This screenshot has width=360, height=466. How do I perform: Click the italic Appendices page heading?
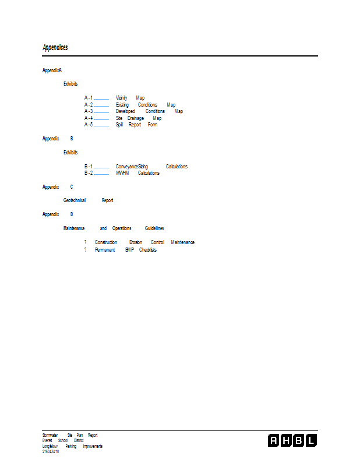(55, 48)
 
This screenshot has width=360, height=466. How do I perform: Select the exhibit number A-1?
(89, 98)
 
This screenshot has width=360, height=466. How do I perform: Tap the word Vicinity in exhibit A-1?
(121, 98)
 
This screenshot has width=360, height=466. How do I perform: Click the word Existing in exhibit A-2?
(122, 105)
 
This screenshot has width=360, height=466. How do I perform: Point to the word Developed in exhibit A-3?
(125, 111)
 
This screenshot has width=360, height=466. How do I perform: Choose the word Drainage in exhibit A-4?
(136, 118)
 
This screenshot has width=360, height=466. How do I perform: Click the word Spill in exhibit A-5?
(119, 125)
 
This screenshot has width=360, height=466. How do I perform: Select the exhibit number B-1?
(89, 167)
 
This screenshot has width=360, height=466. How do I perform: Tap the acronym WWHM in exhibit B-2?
(122, 173)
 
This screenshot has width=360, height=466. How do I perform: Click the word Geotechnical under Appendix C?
(75, 200)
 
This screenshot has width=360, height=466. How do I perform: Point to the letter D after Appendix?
(72, 214)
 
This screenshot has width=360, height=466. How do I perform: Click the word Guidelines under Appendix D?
(154, 228)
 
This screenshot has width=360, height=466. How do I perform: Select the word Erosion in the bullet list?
(136, 242)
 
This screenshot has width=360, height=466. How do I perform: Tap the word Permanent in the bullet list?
(105, 250)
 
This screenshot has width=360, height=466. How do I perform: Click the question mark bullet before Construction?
(85, 242)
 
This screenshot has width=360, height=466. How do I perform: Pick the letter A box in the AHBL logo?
(273, 440)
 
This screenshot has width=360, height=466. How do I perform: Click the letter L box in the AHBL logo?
(311, 440)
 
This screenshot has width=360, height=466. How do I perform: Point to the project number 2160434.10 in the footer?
(51, 452)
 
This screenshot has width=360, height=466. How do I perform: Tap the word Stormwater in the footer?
(50, 435)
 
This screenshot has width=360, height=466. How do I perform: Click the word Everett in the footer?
(47, 441)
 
